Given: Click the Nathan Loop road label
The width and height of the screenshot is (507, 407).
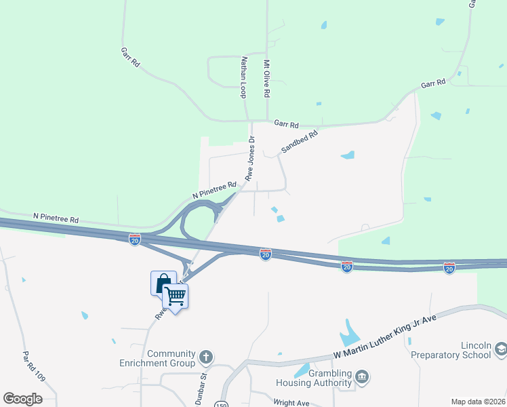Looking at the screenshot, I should (x=243, y=77).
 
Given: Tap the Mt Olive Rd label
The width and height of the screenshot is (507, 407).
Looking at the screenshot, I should (x=267, y=78).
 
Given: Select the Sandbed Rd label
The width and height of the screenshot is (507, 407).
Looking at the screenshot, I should (x=299, y=141).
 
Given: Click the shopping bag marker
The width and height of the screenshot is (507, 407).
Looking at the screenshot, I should (x=163, y=282).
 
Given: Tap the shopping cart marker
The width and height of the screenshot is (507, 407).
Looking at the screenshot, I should (x=176, y=296).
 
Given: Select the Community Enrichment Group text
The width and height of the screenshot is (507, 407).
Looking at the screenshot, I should (x=171, y=359).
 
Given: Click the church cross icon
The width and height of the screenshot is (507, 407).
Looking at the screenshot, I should (x=206, y=356).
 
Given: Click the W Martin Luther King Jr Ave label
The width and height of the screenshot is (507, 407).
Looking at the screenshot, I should (x=384, y=337).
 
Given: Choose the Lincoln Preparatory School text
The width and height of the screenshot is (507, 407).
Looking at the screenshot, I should (x=457, y=350).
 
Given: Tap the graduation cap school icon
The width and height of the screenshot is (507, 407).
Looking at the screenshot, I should (x=501, y=349).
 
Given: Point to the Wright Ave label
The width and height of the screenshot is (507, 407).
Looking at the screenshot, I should (x=293, y=403).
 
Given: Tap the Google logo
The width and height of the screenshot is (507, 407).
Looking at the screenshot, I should (x=22, y=399).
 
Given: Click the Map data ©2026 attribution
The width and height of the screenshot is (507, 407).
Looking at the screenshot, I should (x=478, y=402).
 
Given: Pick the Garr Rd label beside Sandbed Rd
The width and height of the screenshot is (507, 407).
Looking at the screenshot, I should (x=287, y=124).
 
